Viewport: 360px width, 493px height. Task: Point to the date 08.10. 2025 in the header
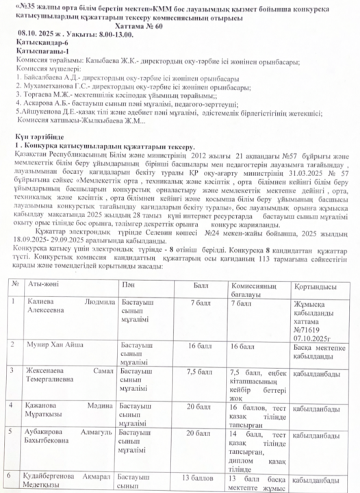point(38,32)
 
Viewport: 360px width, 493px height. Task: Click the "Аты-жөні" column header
point(39,302)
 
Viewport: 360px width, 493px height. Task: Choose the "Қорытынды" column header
point(313,306)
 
